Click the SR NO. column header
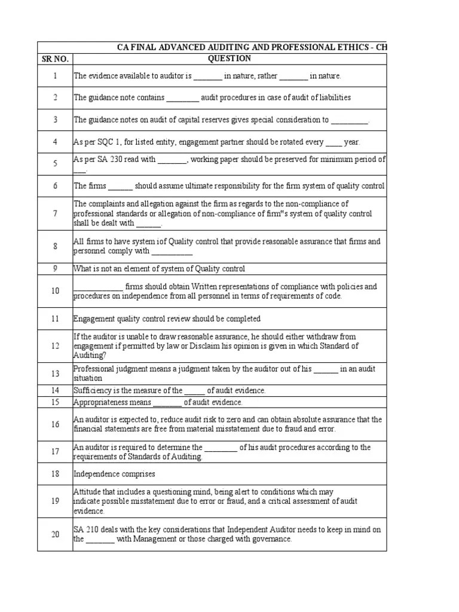point(55,59)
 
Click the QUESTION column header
point(229,59)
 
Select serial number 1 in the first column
point(55,76)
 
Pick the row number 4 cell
point(55,142)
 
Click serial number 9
point(55,269)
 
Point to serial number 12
point(55,346)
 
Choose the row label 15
point(55,402)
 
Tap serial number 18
point(55,474)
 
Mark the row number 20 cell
point(55,534)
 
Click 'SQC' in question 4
point(109,142)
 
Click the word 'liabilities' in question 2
point(331,97)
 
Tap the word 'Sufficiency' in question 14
point(93,391)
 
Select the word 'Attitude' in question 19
point(88,491)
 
